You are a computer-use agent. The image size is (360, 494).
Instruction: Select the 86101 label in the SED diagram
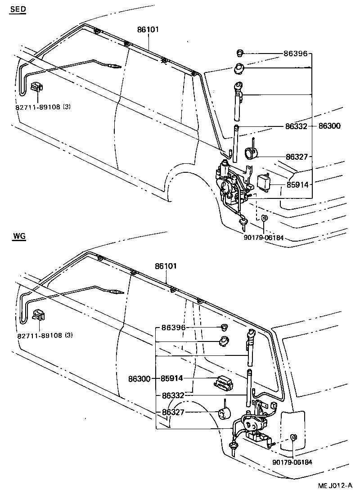tap(148, 30)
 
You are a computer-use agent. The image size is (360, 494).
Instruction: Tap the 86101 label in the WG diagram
tap(166, 266)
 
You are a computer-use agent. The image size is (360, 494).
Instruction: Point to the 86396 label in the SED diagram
tap(295, 54)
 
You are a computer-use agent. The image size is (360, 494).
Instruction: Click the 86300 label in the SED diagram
tap(330, 126)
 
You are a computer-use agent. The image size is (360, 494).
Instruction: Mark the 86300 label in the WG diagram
tap(139, 379)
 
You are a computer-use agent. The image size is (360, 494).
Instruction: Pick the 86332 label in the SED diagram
tap(296, 126)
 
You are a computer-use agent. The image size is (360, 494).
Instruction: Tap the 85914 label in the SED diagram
tap(296, 184)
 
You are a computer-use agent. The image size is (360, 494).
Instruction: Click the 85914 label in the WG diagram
tap(172, 379)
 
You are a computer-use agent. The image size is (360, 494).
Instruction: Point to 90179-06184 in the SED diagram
tap(265, 238)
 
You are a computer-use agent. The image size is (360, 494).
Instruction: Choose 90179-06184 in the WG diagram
tap(292, 462)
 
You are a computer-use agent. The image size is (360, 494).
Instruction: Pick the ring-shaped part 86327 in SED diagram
tap(251, 154)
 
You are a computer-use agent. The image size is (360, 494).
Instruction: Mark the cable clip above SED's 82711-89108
tap(37, 86)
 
